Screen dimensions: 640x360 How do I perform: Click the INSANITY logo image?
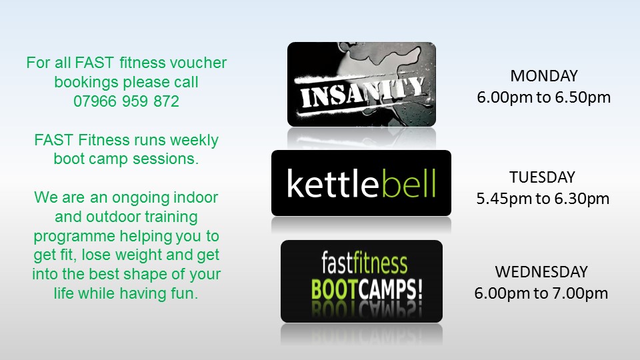(361, 84)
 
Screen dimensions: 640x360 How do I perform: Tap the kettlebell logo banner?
(361, 183)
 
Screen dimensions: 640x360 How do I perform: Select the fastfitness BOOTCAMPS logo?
(361, 281)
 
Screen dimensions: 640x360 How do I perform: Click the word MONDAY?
(544, 76)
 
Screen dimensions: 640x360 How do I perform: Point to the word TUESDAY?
(542, 177)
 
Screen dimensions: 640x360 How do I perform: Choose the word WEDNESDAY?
(541, 272)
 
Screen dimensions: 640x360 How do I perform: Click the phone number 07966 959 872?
(126, 101)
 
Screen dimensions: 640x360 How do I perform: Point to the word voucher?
(198, 63)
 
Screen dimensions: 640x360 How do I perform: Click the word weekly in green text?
(194, 141)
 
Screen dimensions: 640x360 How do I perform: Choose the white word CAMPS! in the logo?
(391, 289)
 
